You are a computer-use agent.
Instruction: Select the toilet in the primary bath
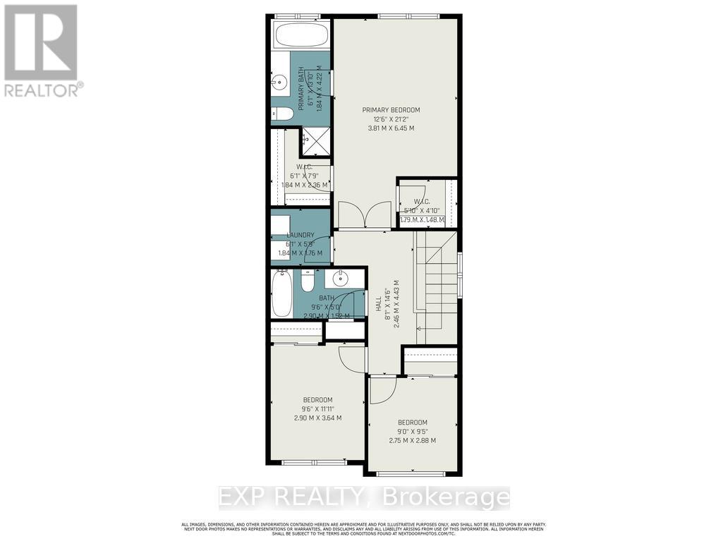point(283,114)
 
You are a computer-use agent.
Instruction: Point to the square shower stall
point(315,141)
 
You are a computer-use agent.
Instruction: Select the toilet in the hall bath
point(308,281)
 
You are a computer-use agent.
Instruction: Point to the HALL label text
point(379,304)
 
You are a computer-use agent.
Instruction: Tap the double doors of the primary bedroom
point(364,214)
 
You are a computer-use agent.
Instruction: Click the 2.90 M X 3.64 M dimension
point(317,418)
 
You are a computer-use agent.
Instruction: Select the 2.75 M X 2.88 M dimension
point(413,440)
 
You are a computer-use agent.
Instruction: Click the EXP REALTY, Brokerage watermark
point(364,497)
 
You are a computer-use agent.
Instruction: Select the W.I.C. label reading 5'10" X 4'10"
point(422,210)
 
